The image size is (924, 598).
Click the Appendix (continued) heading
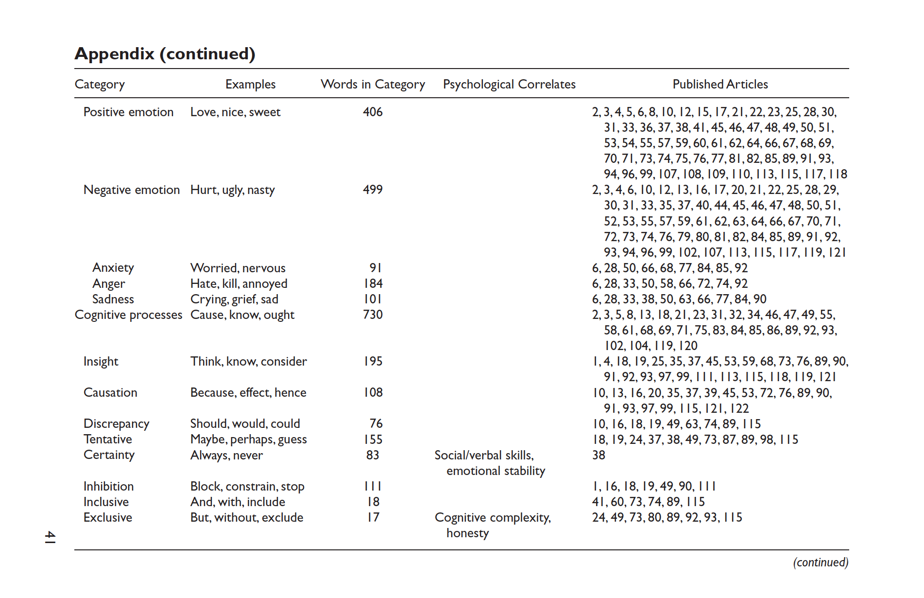tap(165, 53)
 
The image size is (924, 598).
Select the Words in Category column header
tap(373, 84)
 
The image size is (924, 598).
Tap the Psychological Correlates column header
tap(509, 84)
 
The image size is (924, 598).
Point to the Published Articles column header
tap(720, 84)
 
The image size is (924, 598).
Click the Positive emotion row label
tap(128, 112)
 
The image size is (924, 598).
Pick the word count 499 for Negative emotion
tap(373, 190)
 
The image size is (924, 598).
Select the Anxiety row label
tap(113, 268)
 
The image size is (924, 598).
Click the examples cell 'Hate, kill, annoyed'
tap(239, 283)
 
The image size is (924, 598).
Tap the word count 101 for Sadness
tap(373, 299)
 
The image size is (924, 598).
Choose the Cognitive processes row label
tap(128, 315)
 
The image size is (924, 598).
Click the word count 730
tap(373, 315)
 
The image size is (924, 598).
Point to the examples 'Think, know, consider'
tap(248, 361)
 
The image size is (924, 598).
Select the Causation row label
tap(110, 392)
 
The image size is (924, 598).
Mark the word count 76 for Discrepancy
tap(376, 423)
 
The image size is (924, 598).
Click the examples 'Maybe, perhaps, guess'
tap(248, 440)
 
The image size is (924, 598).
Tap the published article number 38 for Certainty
tap(599, 455)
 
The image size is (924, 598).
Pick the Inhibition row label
tap(108, 486)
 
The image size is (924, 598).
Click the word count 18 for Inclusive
tap(373, 502)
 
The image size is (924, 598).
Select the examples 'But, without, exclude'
tap(247, 517)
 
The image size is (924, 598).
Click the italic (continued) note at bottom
tap(821, 563)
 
